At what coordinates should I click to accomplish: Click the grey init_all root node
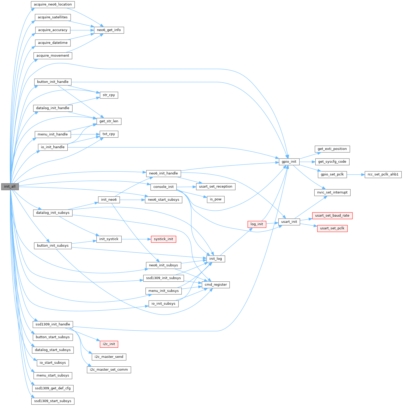point(10,187)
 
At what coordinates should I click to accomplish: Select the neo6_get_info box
point(109,30)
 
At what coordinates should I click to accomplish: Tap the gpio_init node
point(289,162)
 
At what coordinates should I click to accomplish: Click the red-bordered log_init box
point(257,224)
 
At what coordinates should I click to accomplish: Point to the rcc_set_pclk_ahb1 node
point(383,174)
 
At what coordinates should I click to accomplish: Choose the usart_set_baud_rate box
point(332,216)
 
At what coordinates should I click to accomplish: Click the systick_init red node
point(163,239)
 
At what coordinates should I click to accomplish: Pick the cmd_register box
point(216,285)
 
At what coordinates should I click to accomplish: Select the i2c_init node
point(109,344)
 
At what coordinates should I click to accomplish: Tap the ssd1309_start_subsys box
point(53,401)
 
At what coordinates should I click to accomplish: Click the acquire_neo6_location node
point(53,4)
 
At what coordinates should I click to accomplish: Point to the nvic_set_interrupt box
point(332,193)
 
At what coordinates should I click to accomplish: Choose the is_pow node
point(216,200)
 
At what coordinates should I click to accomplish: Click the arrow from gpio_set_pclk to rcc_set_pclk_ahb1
point(356,175)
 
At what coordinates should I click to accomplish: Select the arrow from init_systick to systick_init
point(136,239)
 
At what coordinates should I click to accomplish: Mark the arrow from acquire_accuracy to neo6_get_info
point(82,30)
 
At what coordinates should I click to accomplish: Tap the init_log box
point(216,259)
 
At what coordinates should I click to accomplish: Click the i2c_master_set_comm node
point(109,370)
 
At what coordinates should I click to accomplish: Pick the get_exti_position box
point(332,149)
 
